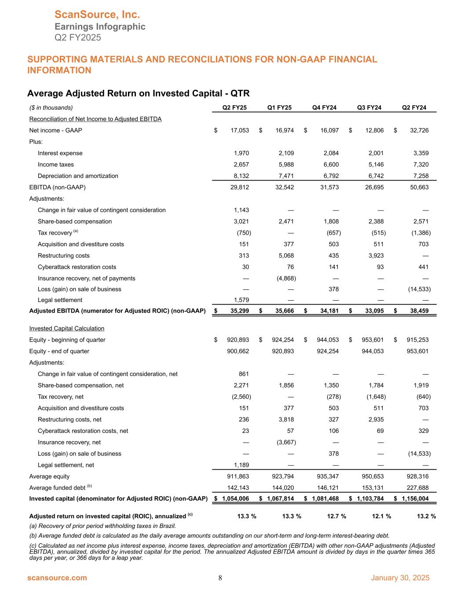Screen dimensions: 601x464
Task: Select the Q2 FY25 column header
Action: point(234,107)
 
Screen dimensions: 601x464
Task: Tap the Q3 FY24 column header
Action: point(369,107)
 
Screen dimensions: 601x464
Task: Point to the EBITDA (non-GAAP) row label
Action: point(57,187)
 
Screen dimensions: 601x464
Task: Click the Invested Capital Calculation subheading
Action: point(66,328)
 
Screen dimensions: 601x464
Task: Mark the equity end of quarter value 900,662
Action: point(238,351)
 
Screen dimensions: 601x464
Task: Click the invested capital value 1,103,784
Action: point(368,498)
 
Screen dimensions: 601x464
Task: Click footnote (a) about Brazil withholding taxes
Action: point(102,526)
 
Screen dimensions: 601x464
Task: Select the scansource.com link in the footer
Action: point(57,578)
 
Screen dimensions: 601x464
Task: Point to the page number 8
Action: point(220,578)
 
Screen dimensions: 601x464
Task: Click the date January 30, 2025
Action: point(400,578)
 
